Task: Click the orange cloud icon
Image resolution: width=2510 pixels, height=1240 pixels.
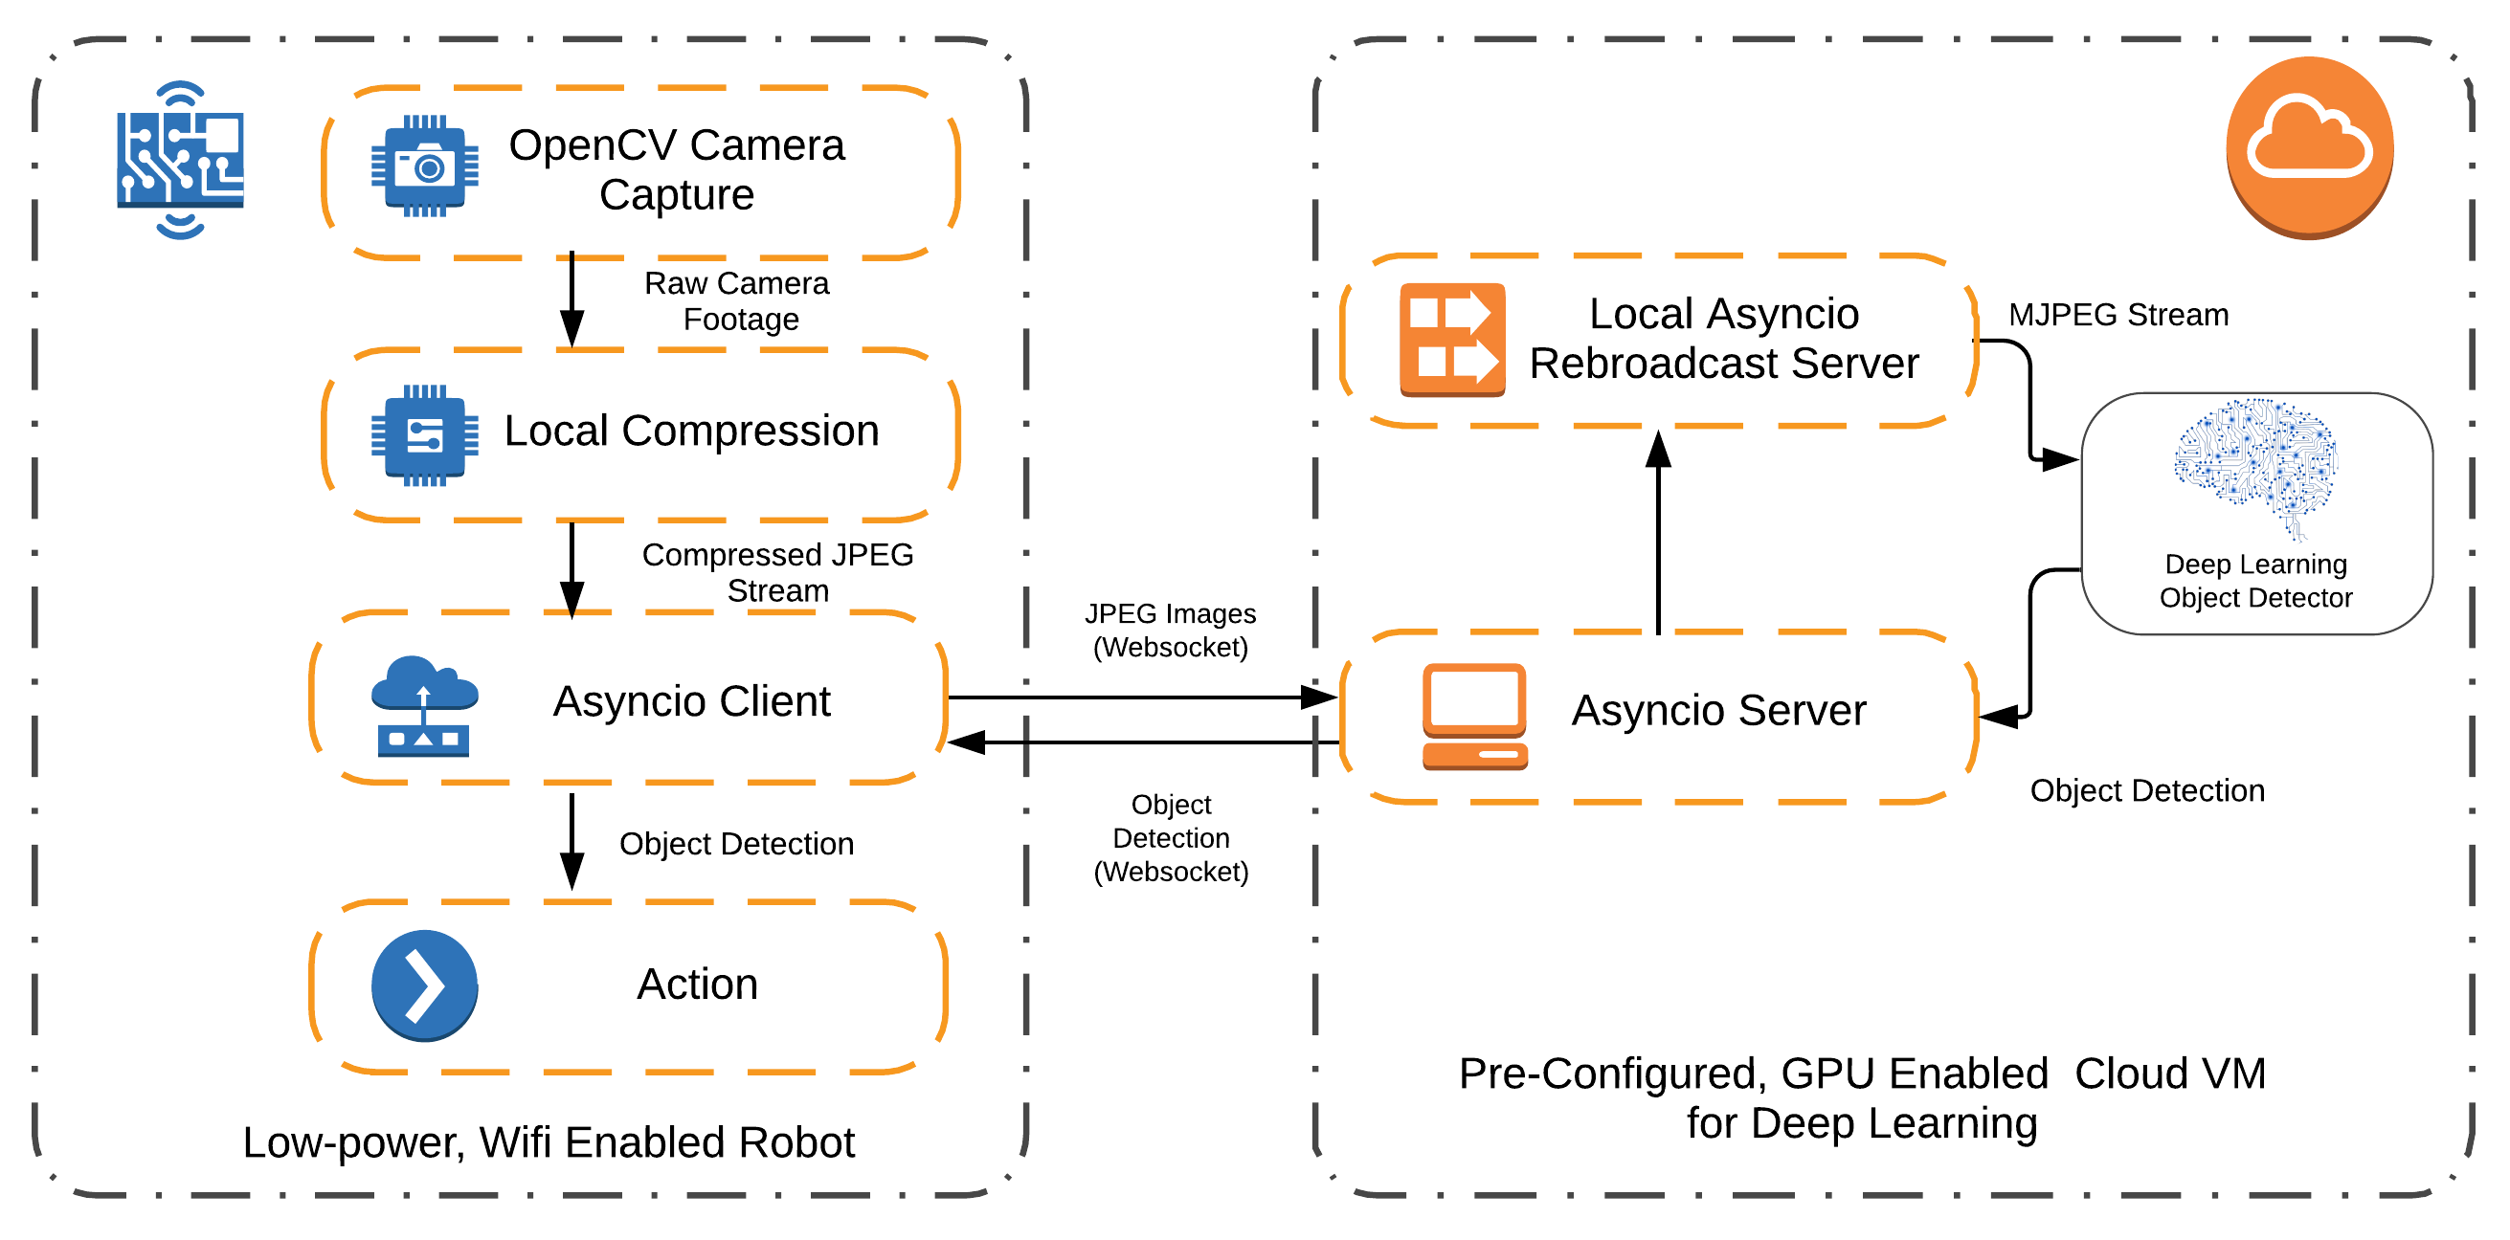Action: tap(2308, 146)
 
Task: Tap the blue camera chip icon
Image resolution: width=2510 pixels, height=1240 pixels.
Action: tap(425, 166)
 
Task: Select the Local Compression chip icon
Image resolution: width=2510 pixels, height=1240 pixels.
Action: tap(425, 434)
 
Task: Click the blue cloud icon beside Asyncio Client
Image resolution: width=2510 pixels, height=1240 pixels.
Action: tap(424, 706)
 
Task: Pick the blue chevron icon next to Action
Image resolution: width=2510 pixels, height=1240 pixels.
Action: tap(424, 985)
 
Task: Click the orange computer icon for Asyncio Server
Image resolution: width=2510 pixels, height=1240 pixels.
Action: tap(1474, 716)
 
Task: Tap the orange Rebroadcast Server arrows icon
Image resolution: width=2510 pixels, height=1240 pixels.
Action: tap(1452, 339)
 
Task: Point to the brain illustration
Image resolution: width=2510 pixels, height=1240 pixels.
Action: tap(2255, 466)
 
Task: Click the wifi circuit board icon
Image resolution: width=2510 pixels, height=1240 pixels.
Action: tap(180, 160)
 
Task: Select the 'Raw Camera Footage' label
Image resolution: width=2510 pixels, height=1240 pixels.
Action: tap(738, 301)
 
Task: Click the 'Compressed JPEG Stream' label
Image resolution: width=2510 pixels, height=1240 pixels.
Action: tap(777, 572)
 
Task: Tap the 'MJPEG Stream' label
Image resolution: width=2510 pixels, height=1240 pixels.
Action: tap(2118, 315)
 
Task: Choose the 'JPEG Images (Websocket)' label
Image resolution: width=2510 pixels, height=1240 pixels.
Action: tap(1170, 630)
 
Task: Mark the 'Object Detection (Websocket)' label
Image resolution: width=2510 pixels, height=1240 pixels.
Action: tap(1170, 838)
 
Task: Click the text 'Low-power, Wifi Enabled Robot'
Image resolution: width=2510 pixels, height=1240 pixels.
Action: tap(549, 1141)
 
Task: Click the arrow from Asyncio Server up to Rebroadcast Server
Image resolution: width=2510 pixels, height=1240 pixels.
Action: tap(1658, 536)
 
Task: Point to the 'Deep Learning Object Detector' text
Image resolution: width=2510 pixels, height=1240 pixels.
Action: tap(2255, 581)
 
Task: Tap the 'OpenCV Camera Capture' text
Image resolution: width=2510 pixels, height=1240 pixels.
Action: tap(676, 169)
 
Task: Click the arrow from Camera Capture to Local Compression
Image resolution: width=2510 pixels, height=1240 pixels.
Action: tap(571, 299)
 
